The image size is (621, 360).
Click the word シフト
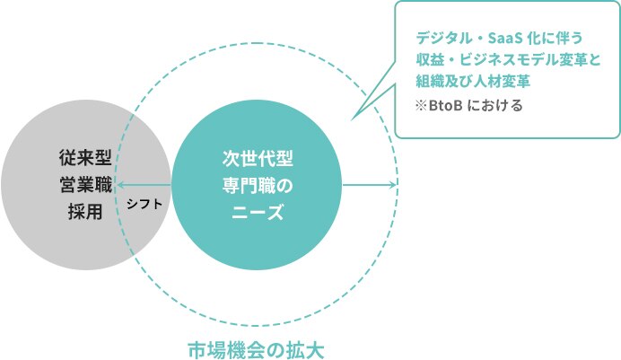pyautogui.click(x=144, y=204)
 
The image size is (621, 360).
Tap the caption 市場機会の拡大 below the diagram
pyautogui.click(x=256, y=350)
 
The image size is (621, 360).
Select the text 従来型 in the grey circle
pyautogui.click(x=85, y=158)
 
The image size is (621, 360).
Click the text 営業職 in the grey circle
pyautogui.click(x=85, y=185)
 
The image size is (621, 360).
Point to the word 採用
pyautogui.click(x=85, y=212)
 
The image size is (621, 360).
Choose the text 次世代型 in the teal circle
pyautogui.click(x=258, y=159)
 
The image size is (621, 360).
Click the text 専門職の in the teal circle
pyautogui.click(x=258, y=185)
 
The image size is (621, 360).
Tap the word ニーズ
pyautogui.click(x=258, y=212)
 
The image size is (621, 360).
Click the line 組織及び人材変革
pyautogui.click(x=473, y=81)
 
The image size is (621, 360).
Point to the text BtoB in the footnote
pyautogui.click(x=445, y=106)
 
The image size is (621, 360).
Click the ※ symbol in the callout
pyautogui.click(x=422, y=106)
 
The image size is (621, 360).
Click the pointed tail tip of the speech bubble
pyautogui.click(x=352, y=119)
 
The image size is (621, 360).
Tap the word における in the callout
pyautogui.click(x=495, y=106)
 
